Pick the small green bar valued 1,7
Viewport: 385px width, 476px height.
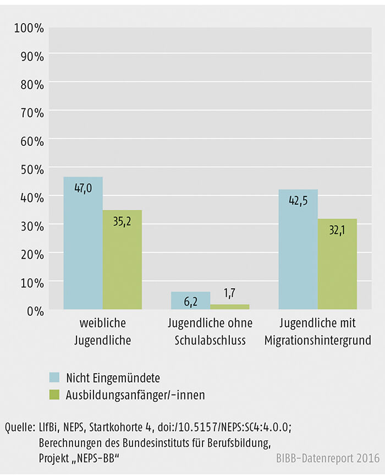230,307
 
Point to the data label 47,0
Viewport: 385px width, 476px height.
82,188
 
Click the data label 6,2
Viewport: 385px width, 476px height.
190,302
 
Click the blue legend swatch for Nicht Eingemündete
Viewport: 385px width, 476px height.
53,378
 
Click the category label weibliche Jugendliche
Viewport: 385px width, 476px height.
102,332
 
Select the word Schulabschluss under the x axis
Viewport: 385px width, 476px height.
210,340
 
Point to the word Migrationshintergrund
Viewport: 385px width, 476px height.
317,340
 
